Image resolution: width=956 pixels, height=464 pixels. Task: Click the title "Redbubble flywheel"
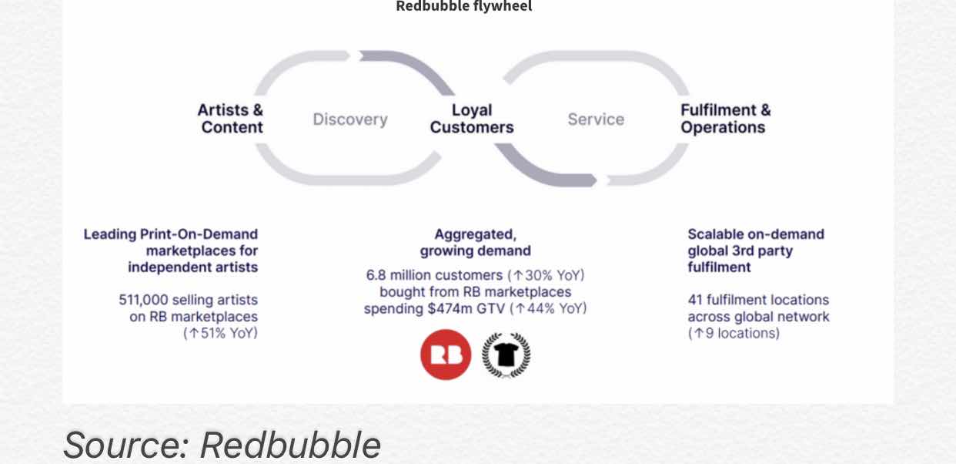tap(463, 7)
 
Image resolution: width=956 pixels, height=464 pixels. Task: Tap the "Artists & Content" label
tap(231, 119)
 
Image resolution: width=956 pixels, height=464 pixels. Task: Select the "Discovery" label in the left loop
tap(350, 119)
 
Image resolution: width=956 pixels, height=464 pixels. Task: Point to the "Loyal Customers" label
tap(472, 119)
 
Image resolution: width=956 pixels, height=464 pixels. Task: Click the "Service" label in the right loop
tap(596, 119)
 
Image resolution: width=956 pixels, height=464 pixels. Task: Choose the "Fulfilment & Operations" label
tap(725, 119)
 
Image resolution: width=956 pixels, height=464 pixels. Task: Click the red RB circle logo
tap(446, 355)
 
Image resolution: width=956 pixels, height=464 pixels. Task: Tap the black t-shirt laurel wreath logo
tap(506, 355)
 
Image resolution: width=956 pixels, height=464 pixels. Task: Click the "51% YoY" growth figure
tap(226, 333)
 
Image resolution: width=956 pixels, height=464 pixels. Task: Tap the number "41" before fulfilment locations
tap(696, 300)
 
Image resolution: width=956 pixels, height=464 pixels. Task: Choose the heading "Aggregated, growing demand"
tap(475, 242)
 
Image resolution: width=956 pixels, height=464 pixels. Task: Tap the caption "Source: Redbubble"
tap(222, 445)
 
